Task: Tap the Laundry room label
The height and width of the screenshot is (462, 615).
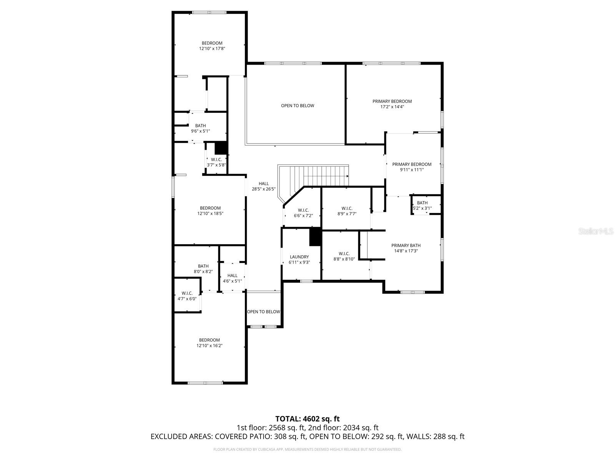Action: click(x=299, y=257)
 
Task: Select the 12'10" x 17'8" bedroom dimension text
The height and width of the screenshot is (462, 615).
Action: click(x=212, y=49)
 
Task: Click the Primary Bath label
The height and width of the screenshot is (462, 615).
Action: click(x=406, y=246)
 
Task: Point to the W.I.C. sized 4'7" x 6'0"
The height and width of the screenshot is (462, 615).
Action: click(x=187, y=296)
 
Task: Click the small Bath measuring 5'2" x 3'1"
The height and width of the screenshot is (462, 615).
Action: click(x=422, y=206)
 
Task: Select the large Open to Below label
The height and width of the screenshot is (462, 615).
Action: click(x=297, y=105)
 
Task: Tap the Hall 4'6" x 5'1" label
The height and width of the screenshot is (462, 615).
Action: click(x=232, y=278)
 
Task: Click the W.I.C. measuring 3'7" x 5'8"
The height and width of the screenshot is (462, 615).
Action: click(x=216, y=162)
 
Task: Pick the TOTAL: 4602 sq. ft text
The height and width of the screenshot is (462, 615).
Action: click(x=307, y=418)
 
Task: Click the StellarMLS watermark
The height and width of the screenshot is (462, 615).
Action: click(x=596, y=231)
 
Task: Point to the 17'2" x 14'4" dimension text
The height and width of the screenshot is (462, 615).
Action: click(x=392, y=107)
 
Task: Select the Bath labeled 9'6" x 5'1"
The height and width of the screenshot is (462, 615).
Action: click(x=200, y=128)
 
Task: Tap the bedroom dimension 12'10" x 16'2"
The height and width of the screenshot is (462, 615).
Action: click(x=209, y=346)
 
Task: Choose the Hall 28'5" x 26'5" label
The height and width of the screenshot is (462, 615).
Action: click(x=264, y=186)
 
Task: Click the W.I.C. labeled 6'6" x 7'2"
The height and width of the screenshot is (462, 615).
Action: click(x=303, y=213)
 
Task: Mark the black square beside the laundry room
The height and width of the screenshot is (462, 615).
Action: click(x=315, y=236)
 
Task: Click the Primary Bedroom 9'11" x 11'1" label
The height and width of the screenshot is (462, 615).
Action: click(x=411, y=167)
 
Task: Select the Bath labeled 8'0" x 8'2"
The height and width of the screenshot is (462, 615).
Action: click(x=203, y=269)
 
